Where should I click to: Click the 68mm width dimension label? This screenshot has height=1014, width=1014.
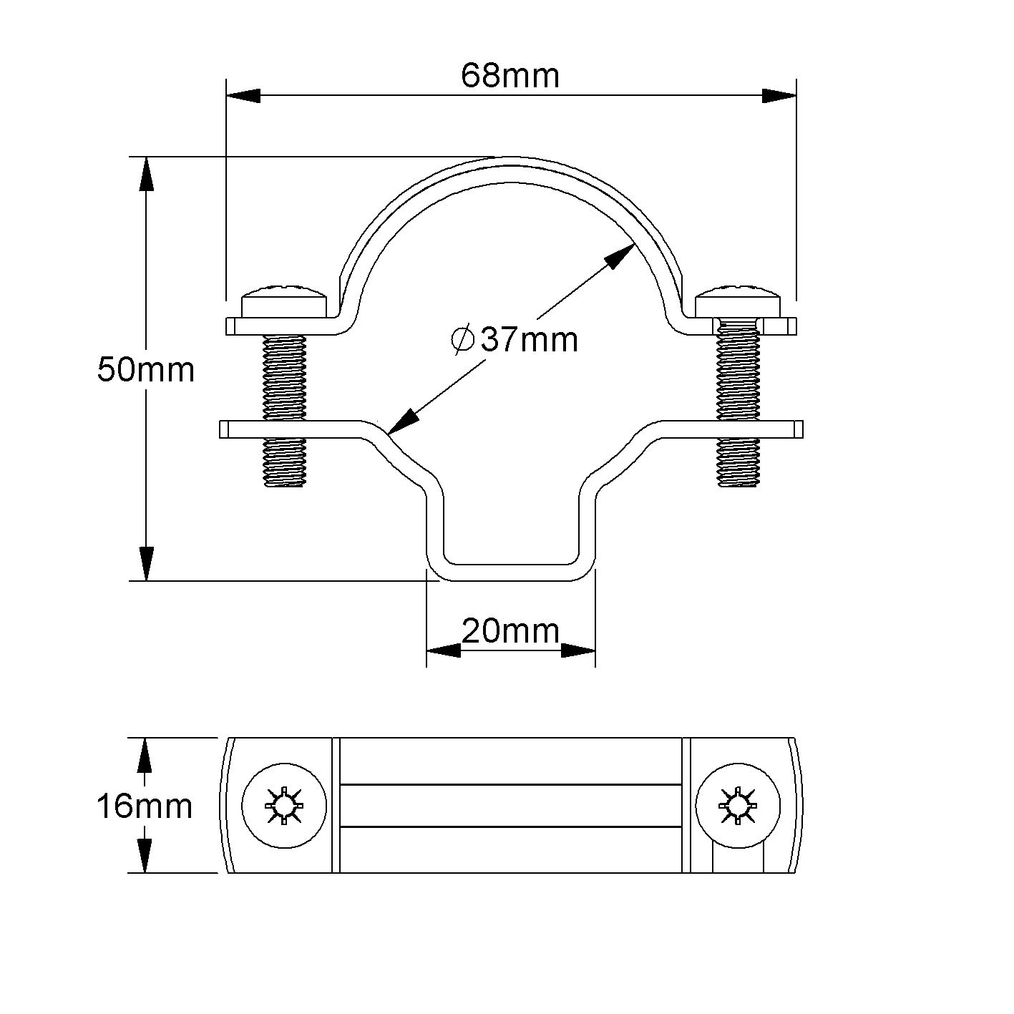click(x=510, y=75)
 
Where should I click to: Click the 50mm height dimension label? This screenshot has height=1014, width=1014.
click(x=146, y=369)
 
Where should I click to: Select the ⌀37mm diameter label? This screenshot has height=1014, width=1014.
click(x=515, y=338)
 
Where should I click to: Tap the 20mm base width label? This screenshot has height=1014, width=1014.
click(x=510, y=630)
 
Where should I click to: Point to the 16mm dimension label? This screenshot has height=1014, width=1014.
click(x=145, y=806)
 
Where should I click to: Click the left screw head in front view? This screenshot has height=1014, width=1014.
click(x=285, y=301)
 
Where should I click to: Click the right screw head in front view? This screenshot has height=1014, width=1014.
click(x=738, y=301)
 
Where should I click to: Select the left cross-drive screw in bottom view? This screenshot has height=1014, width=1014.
click(x=284, y=806)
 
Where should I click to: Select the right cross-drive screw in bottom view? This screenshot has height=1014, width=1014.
click(x=737, y=806)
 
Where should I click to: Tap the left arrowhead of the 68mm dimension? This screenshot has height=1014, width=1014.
click(x=243, y=96)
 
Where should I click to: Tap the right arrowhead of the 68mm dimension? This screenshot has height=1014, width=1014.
click(x=779, y=96)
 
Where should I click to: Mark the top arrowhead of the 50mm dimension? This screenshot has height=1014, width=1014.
click(x=146, y=173)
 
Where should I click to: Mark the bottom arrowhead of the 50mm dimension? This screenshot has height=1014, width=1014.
click(x=146, y=563)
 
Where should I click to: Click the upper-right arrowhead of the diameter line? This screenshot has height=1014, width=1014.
click(x=620, y=255)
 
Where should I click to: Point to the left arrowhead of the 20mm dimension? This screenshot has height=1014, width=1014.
click(x=444, y=650)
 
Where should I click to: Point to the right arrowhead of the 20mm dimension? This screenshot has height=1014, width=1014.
click(x=578, y=650)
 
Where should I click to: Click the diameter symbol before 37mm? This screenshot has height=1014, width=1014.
click(x=463, y=338)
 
